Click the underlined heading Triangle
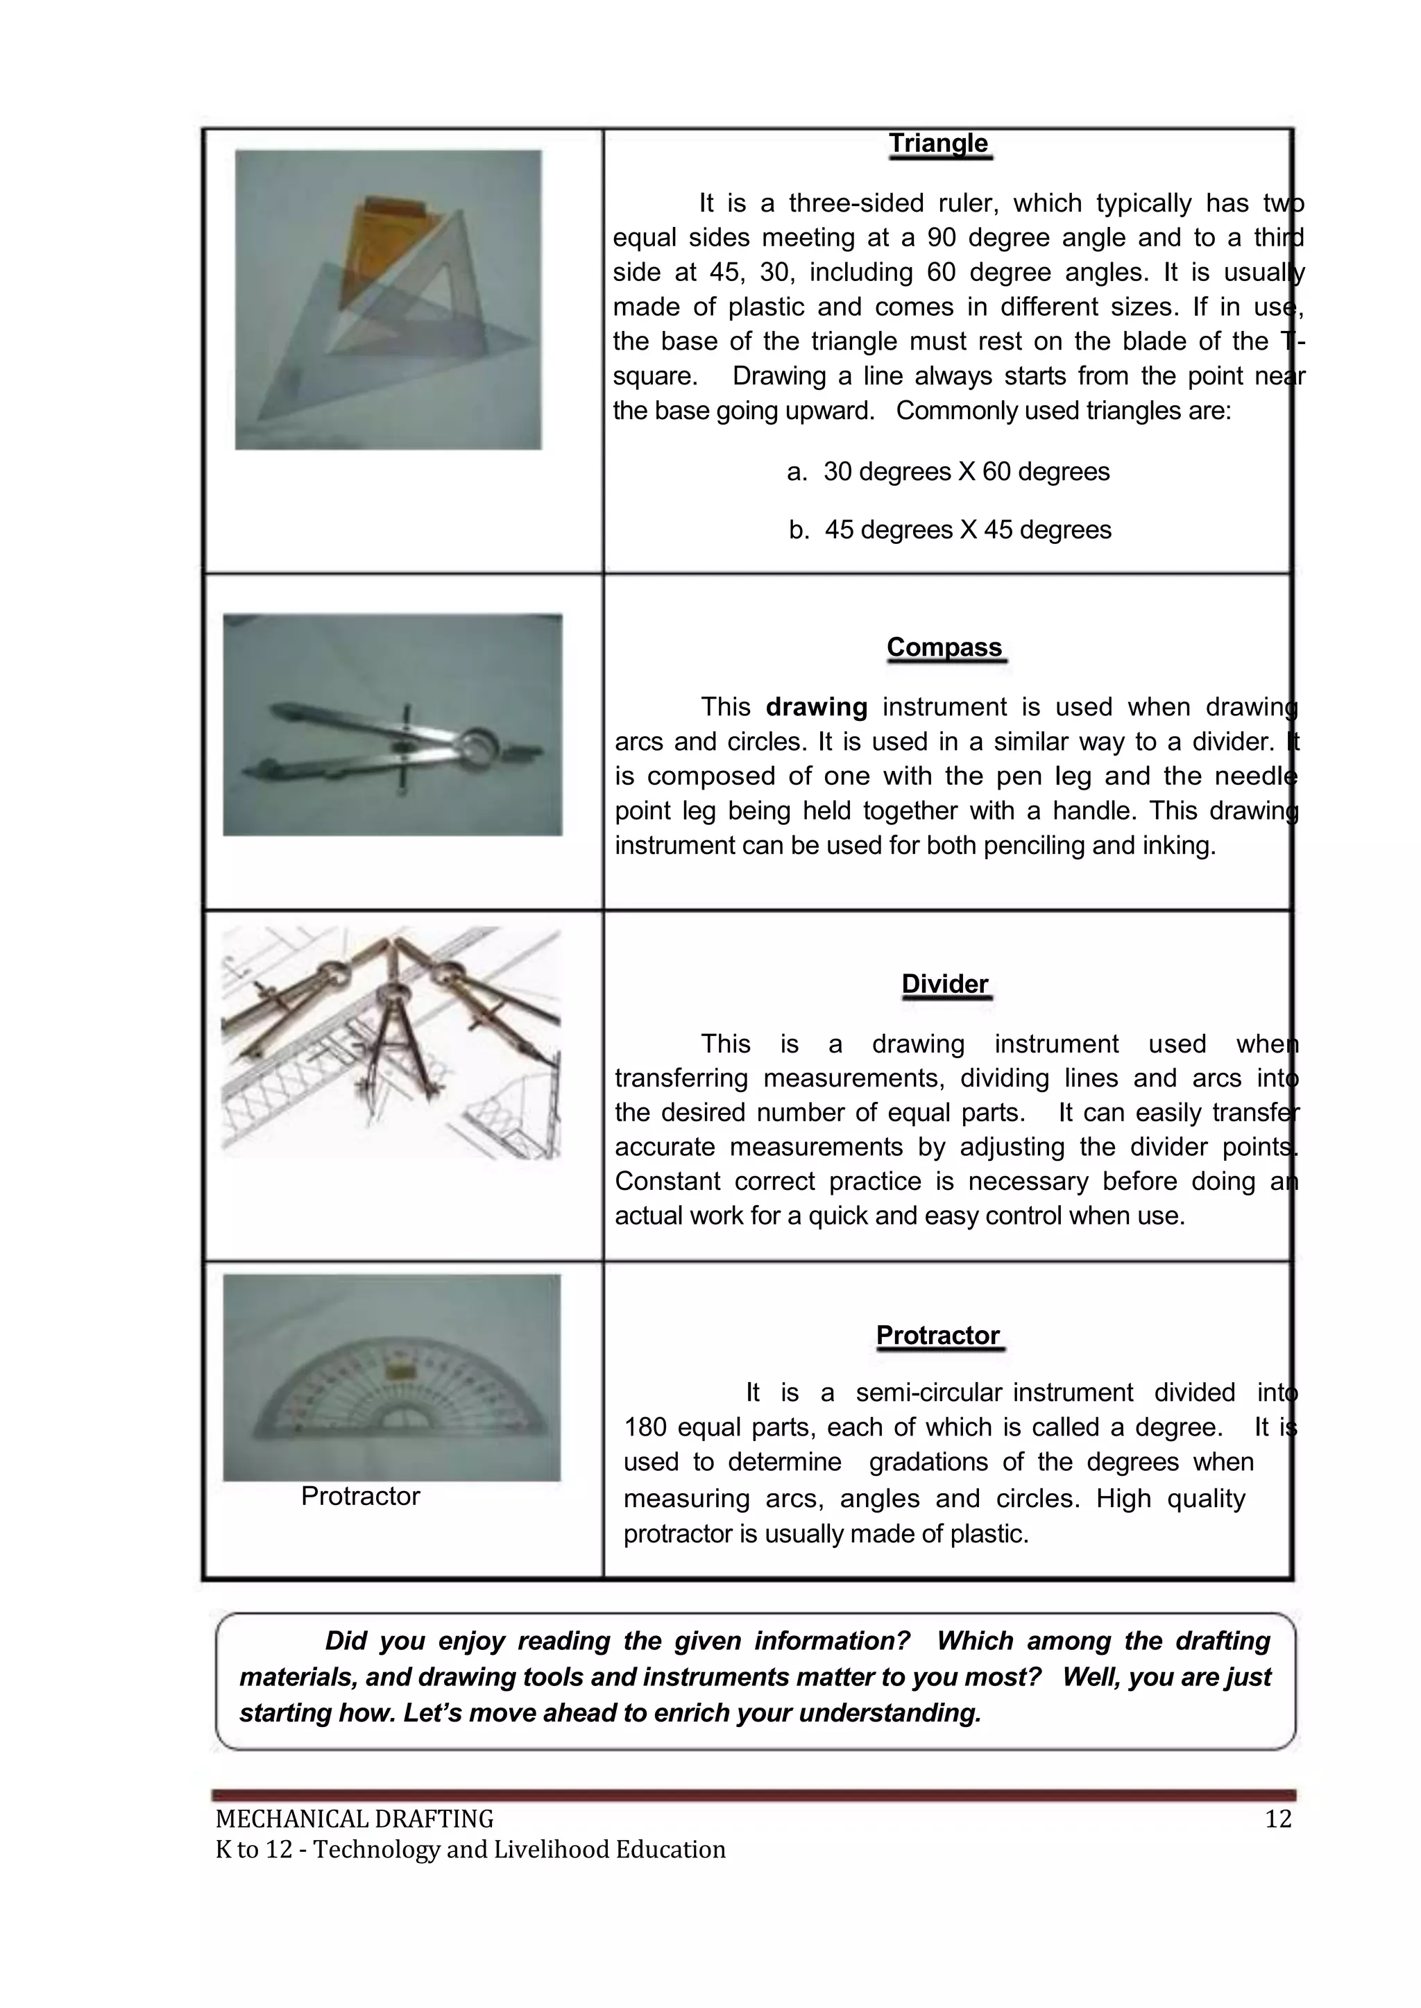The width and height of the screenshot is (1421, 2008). (x=938, y=144)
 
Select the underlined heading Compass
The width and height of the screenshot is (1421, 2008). (x=944, y=647)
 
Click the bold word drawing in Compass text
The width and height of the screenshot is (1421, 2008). (x=817, y=707)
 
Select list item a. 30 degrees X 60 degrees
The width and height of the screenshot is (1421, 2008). (x=948, y=472)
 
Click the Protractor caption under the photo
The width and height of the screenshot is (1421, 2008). (x=361, y=1495)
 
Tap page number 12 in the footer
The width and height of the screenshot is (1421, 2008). (x=1277, y=1819)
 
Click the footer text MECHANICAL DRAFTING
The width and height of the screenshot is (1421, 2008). (x=355, y=1819)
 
